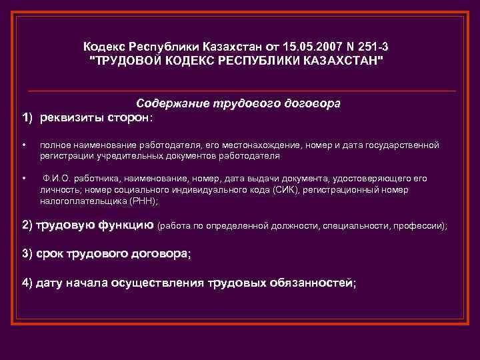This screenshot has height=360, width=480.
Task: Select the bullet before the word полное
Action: point(23,145)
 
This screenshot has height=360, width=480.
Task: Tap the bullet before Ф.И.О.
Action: point(23,179)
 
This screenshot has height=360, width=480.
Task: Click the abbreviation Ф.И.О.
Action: point(55,179)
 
